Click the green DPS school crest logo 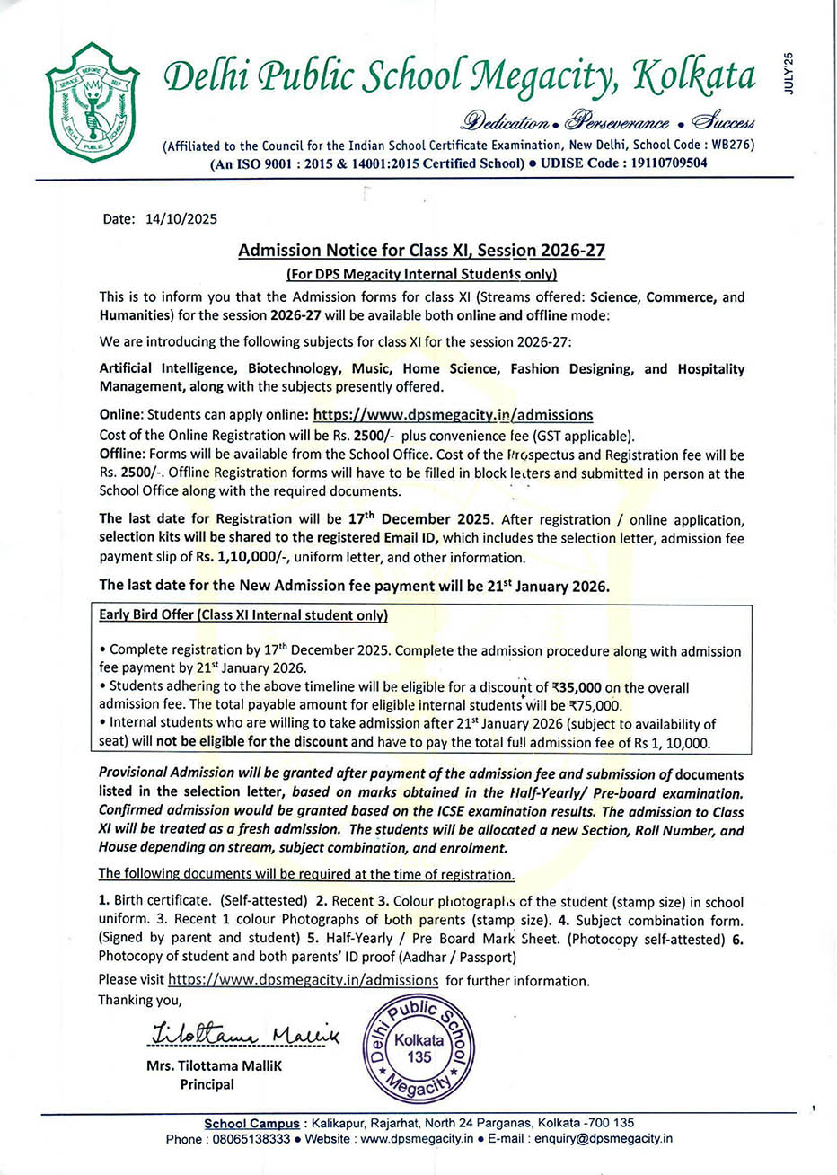pos(92,99)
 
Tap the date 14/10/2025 pos(181,218)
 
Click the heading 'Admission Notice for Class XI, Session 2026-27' pos(421,251)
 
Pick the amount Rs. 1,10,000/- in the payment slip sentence pos(242,557)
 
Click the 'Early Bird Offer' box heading pos(243,615)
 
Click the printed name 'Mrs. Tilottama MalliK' pos(214,1067)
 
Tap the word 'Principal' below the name pos(207,1084)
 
